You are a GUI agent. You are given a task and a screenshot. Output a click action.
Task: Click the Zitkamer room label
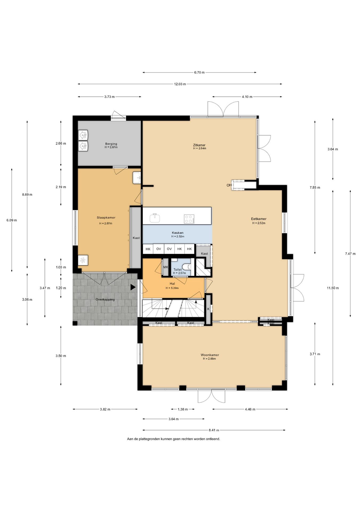tap(199, 145)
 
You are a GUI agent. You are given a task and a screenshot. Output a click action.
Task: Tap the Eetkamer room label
tap(259, 219)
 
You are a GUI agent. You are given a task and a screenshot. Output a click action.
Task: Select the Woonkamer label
tap(210, 355)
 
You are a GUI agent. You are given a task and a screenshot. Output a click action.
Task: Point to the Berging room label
tap(111, 144)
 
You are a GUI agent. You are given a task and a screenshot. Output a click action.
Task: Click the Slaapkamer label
tap(106, 218)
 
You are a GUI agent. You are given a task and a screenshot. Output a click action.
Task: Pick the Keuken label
tap(178, 233)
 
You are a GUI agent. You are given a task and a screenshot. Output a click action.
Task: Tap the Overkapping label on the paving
tap(105, 299)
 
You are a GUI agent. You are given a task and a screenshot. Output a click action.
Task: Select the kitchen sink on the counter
tap(155, 218)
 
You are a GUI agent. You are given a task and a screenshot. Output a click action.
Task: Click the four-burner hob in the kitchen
tap(189, 219)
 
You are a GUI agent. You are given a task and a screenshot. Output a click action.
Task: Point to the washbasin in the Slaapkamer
tap(137, 178)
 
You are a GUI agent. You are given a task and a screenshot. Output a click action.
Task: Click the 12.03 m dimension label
tap(180, 84)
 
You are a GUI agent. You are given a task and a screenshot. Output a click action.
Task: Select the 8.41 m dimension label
tap(214, 430)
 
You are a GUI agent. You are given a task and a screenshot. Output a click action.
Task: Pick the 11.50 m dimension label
tap(333, 288)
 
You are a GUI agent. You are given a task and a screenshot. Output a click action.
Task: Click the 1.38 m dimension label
tap(183, 409)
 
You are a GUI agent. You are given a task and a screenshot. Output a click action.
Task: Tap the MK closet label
tap(166, 267)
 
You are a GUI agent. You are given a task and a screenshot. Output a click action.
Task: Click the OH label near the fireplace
tap(229, 185)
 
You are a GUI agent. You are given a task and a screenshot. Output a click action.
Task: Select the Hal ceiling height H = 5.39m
tap(172, 288)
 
